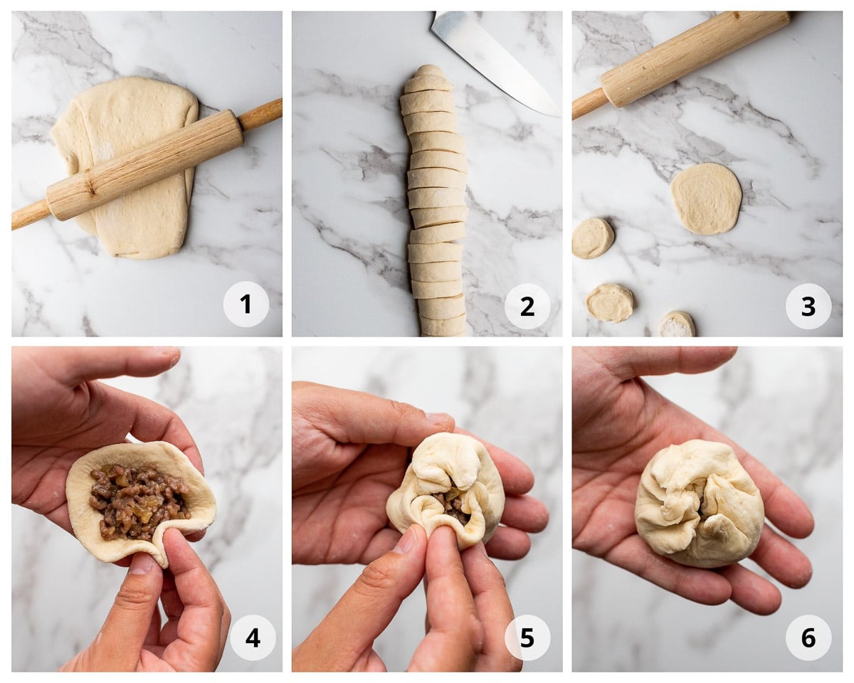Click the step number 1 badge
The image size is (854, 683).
[x=246, y=305]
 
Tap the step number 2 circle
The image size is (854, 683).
[x=527, y=306]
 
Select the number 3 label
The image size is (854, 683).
[x=808, y=306]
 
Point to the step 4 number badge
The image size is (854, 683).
[x=253, y=637]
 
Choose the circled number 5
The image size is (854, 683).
[x=527, y=637]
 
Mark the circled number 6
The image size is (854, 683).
[x=808, y=637]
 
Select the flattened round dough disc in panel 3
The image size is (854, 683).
[x=705, y=198]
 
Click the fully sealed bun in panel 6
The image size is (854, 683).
[x=699, y=502]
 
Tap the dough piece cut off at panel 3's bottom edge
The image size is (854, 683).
[x=677, y=325]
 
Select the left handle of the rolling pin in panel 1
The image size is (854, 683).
[x=28, y=215]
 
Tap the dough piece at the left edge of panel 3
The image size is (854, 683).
[x=592, y=238]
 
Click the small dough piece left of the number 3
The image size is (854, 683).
[x=610, y=302]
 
